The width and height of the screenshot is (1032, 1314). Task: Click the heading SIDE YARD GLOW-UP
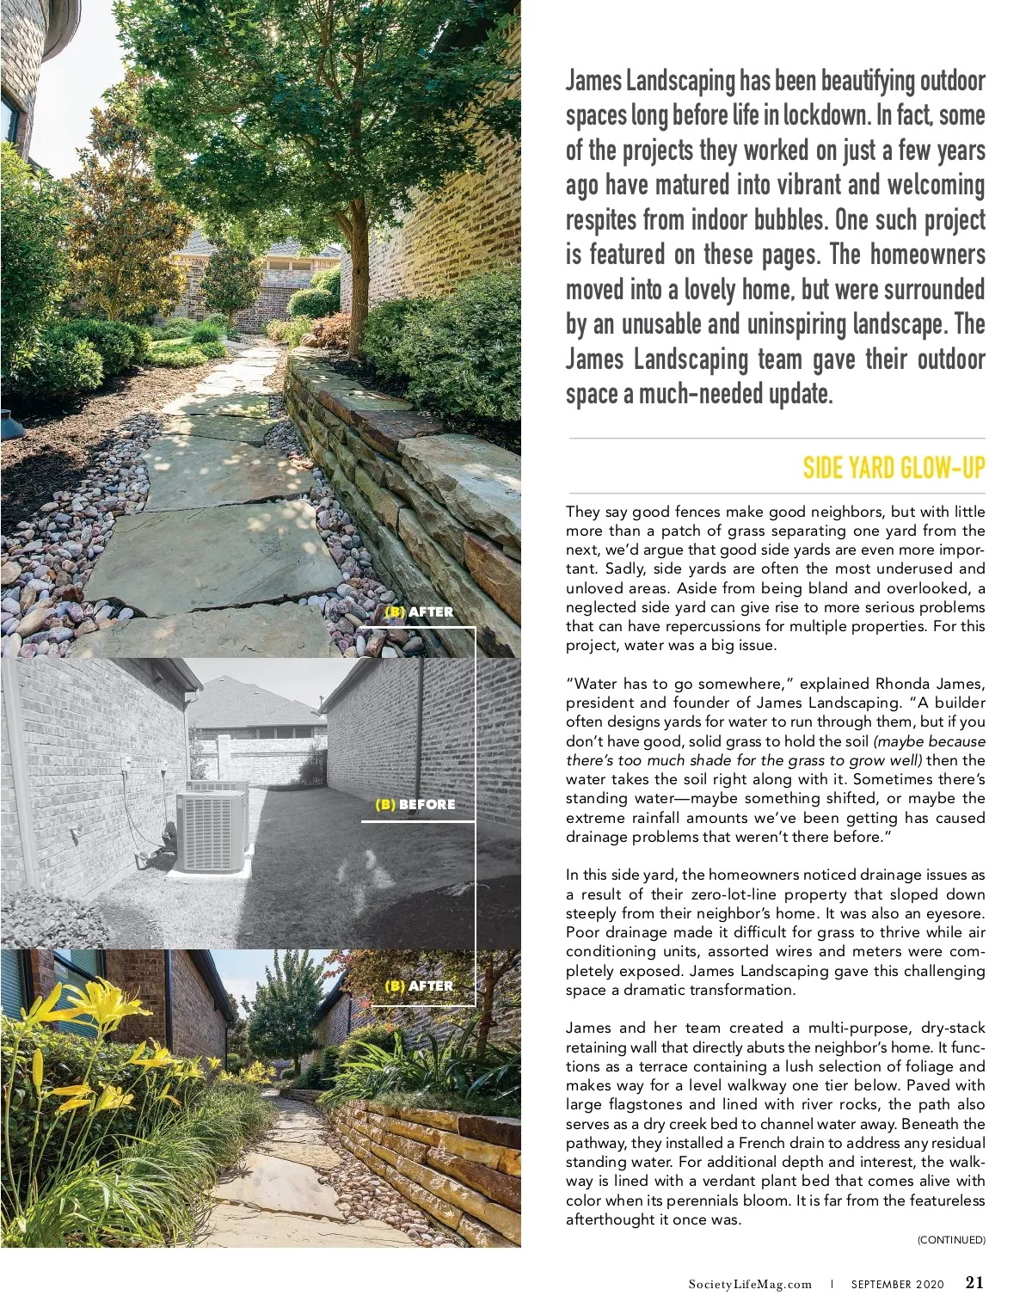tap(894, 469)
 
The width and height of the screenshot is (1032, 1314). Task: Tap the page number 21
tap(974, 1282)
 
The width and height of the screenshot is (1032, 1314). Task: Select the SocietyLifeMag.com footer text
tap(750, 1284)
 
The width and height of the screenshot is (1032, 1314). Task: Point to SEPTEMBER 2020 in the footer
tap(897, 1284)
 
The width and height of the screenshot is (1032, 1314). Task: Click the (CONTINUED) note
tap(951, 1239)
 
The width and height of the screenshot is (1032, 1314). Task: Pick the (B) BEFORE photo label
tap(415, 805)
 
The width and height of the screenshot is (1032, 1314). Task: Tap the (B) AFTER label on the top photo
tap(419, 612)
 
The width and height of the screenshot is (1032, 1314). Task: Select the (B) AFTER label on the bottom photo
tap(419, 986)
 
